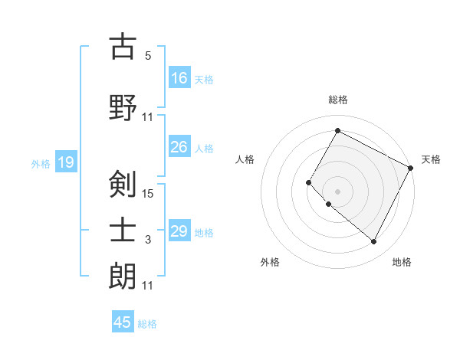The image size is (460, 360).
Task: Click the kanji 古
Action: tap(123, 47)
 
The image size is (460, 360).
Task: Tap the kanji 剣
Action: tap(123, 184)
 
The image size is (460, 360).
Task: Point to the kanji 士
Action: tap(123, 231)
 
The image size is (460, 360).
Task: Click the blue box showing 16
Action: tap(179, 77)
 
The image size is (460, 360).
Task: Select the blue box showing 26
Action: tap(179, 147)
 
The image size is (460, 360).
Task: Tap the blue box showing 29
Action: tap(179, 231)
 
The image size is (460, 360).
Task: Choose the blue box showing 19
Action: tap(65, 162)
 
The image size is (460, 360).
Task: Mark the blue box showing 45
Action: tap(123, 322)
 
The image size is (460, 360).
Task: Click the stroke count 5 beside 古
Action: tap(148, 56)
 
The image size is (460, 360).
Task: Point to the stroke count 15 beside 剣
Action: tap(149, 194)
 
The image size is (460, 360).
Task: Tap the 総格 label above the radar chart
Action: tap(337, 100)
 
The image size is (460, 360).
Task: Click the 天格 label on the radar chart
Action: tap(431, 159)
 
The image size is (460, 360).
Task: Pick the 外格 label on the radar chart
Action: tap(270, 262)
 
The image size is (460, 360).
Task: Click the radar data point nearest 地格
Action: tap(374, 242)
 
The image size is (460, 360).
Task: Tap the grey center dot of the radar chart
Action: tap(337, 191)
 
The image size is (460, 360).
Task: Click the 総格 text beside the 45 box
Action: tap(147, 324)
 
